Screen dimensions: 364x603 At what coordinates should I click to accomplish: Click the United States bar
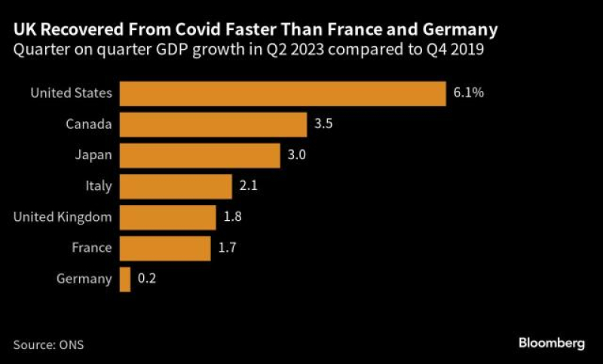[283, 93]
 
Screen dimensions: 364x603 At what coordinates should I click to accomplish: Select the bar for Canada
[213, 124]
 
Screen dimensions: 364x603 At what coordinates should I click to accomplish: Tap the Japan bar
[200, 155]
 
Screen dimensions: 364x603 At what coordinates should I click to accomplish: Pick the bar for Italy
[176, 186]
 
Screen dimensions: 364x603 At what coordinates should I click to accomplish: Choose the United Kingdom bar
[167, 217]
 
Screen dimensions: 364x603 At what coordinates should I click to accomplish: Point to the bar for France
[165, 248]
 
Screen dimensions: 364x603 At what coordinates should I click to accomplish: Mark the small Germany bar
[125, 279]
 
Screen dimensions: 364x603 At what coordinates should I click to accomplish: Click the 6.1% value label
[468, 93]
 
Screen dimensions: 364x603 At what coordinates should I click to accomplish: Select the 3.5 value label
[324, 124]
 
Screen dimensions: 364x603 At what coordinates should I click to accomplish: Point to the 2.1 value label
[249, 186]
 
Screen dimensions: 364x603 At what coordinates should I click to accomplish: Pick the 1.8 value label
[233, 217]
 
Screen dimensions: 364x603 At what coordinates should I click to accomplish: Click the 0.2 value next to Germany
[147, 279]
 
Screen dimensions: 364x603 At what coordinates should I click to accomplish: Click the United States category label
[71, 93]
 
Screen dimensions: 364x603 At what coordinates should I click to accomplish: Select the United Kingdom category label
[63, 217]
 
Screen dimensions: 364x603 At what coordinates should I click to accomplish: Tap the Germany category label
[84, 279]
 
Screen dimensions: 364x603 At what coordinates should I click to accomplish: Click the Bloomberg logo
[552, 343]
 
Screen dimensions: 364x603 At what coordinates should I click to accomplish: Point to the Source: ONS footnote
[48, 345]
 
